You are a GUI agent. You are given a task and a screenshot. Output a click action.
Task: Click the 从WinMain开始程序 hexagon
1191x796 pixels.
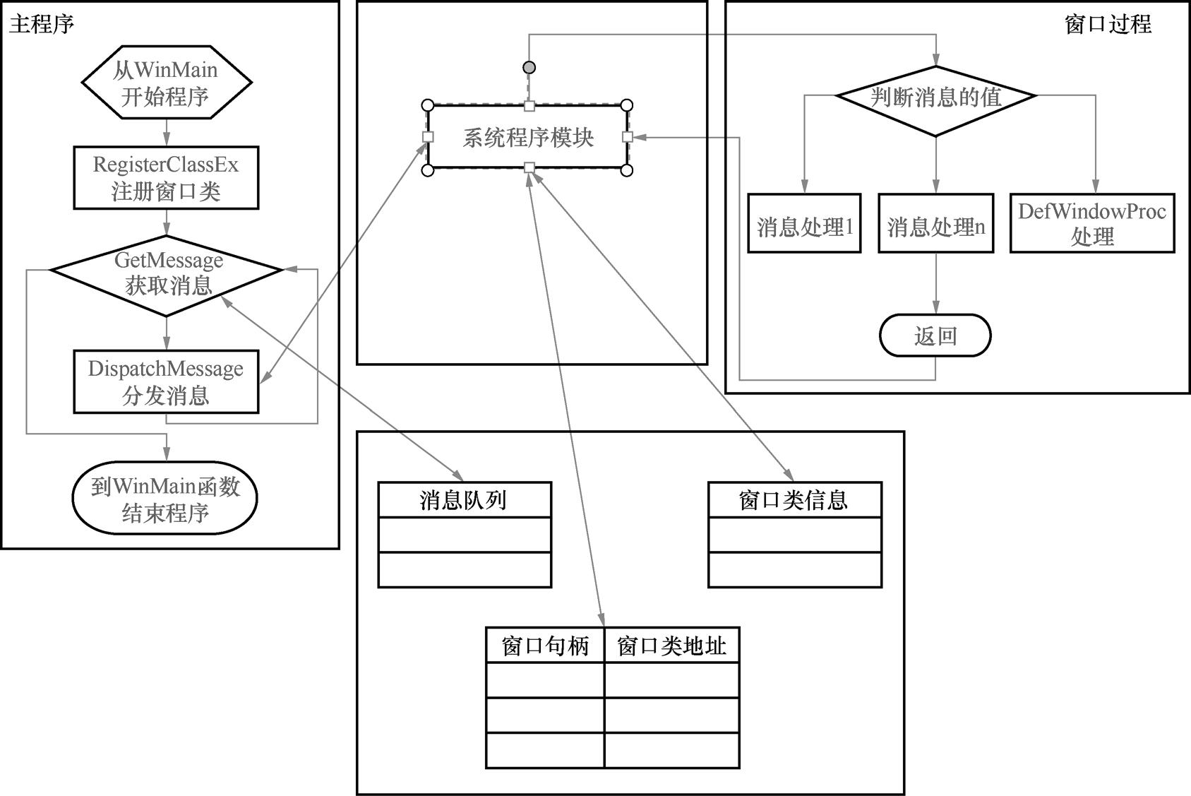click(167, 83)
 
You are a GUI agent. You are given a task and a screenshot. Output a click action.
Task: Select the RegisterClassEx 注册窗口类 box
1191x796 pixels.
click(167, 178)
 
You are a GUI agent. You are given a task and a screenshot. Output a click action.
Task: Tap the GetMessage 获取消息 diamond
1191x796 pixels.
click(167, 274)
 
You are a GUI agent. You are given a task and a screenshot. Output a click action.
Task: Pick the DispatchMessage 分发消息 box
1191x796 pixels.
click(167, 382)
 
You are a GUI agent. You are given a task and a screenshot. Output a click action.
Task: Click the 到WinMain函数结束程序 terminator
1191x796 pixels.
click(165, 499)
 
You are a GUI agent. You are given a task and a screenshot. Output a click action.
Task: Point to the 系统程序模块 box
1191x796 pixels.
click(528, 138)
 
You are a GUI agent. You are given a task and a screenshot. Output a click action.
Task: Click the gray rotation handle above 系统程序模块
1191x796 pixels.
click(529, 68)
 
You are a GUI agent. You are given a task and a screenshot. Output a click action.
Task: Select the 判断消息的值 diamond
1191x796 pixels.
click(936, 97)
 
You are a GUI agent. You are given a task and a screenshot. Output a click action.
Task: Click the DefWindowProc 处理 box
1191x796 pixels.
click(1092, 224)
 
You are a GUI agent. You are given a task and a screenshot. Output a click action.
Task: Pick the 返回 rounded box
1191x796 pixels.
click(935, 335)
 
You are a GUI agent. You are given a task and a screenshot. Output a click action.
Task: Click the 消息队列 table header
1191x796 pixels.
click(465, 500)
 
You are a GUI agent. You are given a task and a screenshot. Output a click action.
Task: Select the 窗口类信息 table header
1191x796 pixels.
click(794, 500)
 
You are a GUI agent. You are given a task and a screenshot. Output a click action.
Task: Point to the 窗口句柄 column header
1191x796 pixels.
click(545, 646)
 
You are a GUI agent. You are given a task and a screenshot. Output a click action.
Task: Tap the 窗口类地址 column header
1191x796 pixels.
click(671, 646)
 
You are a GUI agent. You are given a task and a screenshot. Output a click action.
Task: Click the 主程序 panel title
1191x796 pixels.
click(42, 25)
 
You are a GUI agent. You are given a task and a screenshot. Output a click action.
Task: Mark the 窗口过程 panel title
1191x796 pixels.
click(1108, 25)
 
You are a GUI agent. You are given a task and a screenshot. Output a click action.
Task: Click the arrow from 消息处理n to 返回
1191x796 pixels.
click(936, 283)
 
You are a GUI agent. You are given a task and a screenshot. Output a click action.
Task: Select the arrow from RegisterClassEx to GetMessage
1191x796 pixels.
click(167, 222)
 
